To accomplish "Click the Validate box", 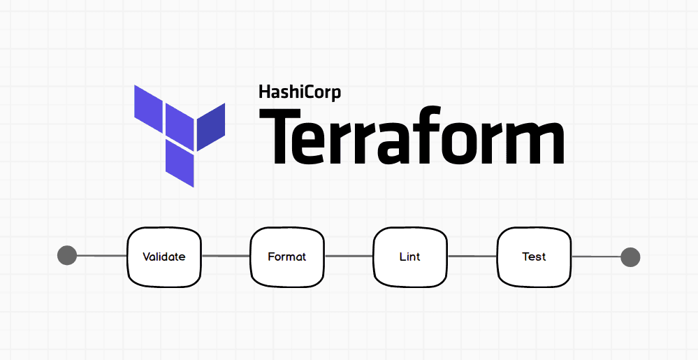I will click(x=164, y=257).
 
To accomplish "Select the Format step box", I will click(x=287, y=257).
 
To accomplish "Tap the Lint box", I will click(x=410, y=257).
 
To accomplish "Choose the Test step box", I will click(x=534, y=257).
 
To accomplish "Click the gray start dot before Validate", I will click(x=67, y=256).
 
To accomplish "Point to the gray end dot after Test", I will click(x=630, y=257).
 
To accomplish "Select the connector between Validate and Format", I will click(x=226, y=257).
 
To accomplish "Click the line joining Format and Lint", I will click(x=349, y=257).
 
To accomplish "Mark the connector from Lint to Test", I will click(x=472, y=257).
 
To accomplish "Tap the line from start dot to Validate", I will click(x=101, y=256).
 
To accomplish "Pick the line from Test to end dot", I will click(x=596, y=257).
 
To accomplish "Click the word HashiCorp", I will click(x=300, y=92).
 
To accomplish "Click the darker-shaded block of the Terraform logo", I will click(x=210, y=127).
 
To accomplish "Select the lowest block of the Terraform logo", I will click(x=180, y=163).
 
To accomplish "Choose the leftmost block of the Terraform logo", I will click(x=148, y=110).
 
